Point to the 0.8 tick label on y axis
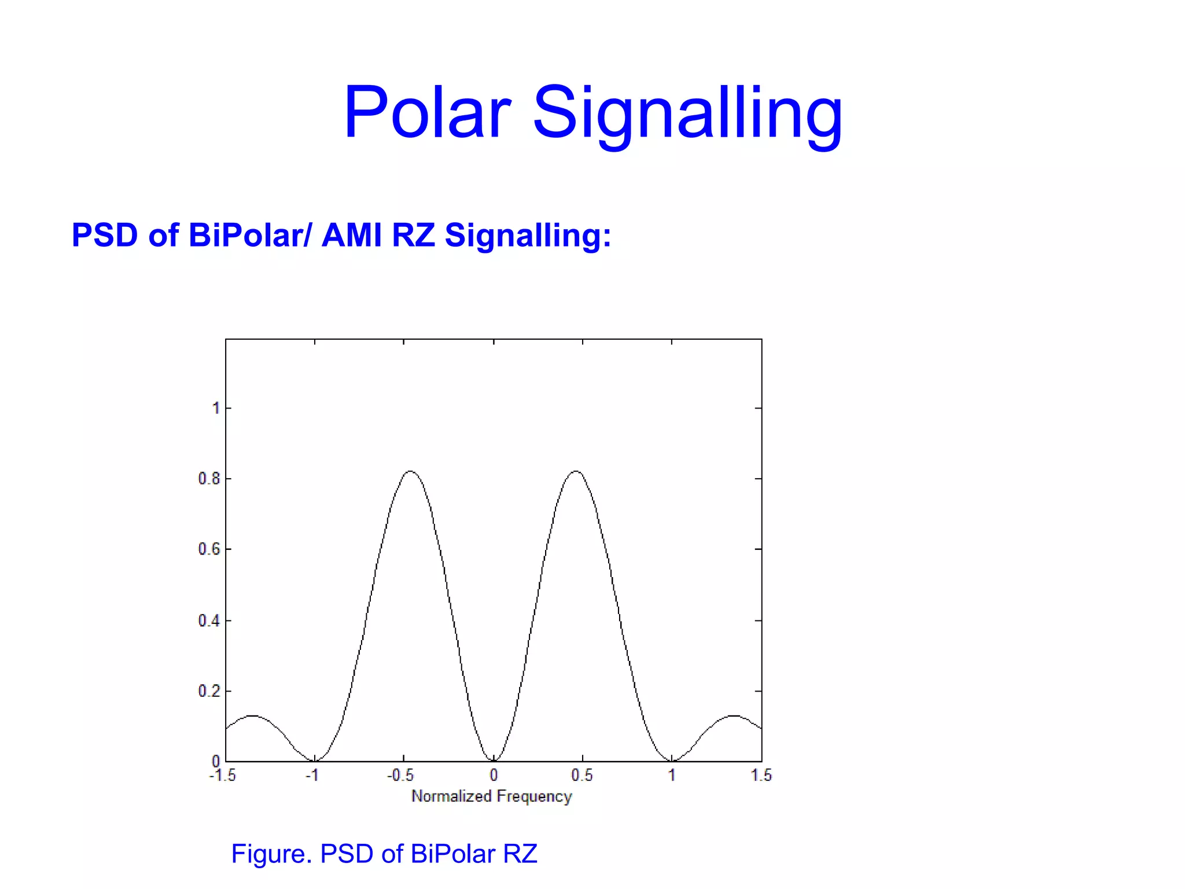(209, 479)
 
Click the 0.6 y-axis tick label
(209, 549)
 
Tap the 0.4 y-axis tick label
(209, 620)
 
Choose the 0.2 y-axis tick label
(209, 691)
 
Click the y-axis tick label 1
(216, 408)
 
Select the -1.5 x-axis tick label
(223, 776)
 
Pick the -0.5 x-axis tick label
(400, 776)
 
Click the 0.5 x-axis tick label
(582, 776)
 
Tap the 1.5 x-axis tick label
(761, 776)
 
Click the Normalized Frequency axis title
(491, 796)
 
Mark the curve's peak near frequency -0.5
(410, 472)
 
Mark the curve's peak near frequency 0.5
(576, 472)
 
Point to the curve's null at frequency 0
(494, 761)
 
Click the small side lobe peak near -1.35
(252, 716)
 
